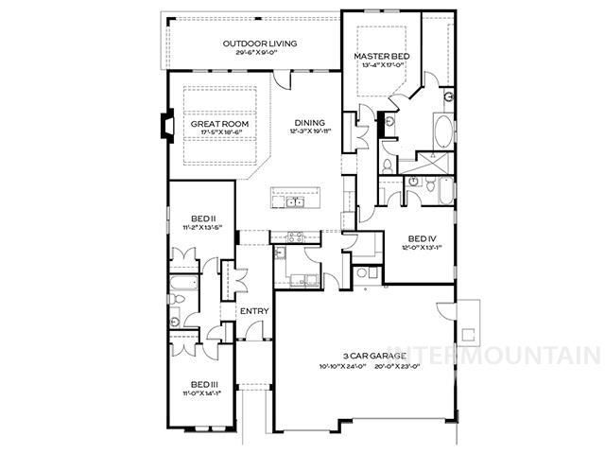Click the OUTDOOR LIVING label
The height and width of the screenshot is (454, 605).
260,44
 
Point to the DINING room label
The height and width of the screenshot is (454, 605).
309,123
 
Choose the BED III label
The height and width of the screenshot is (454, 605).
204,384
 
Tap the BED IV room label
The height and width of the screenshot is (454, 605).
423,238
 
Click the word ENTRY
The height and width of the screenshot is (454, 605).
253,311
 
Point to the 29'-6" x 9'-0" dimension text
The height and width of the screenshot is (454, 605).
260,52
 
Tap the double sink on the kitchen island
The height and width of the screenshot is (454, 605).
295,201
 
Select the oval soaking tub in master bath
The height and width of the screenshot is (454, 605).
441,131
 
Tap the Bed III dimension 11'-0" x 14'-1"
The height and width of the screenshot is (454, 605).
204,393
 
